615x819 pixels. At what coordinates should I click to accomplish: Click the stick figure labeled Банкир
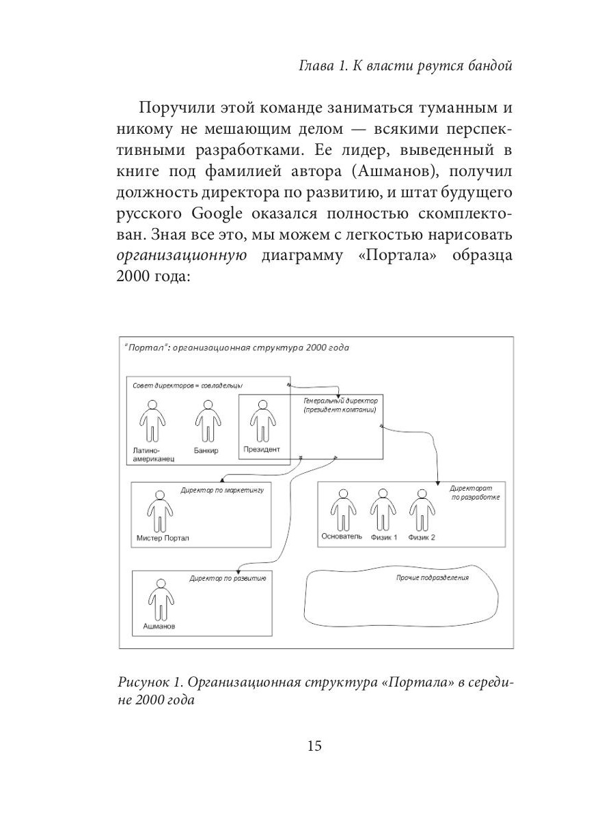tap(206, 421)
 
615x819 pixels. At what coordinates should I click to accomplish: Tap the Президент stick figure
tap(260, 421)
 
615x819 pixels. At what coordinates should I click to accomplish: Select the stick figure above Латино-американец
tap(150, 421)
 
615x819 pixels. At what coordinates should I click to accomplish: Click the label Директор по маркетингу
tap(222, 490)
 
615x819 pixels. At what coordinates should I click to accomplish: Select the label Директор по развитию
tap(227, 578)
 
